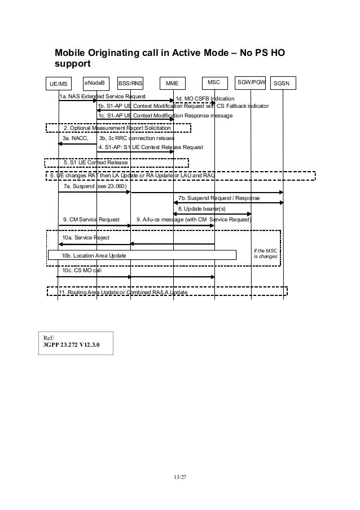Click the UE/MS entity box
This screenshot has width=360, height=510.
click(58, 84)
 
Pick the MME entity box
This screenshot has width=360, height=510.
click(173, 84)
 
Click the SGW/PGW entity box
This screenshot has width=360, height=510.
click(251, 83)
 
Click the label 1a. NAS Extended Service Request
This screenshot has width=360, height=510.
click(103, 97)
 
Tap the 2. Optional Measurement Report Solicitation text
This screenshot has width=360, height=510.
click(117, 128)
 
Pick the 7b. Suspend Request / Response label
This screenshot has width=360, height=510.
click(219, 198)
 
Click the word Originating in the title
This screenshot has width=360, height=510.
click(123, 53)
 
